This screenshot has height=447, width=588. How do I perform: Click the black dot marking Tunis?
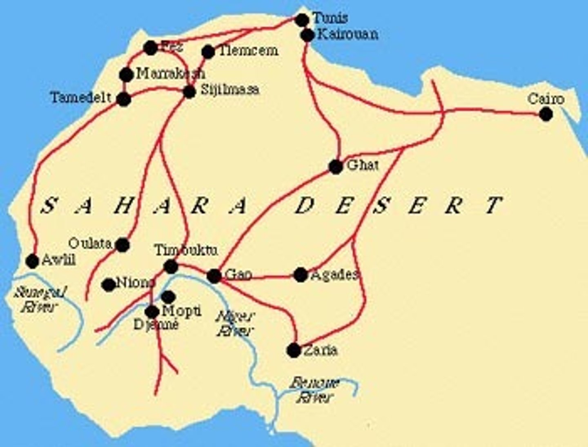[x=302, y=20]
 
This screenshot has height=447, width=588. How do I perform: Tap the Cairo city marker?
[x=546, y=114]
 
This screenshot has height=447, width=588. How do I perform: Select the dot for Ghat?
[x=336, y=167]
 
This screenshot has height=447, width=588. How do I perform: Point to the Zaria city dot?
[x=294, y=350]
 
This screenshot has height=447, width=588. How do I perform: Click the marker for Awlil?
[x=32, y=261]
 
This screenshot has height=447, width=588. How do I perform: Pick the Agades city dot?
[x=301, y=275]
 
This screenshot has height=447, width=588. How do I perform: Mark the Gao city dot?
[x=214, y=276]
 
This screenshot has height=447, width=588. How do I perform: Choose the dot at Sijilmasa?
[x=189, y=92]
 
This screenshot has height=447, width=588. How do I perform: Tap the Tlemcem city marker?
[x=208, y=51]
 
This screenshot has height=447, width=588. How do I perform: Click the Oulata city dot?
[x=122, y=245]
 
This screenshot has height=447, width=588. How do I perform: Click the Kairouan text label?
[x=347, y=34]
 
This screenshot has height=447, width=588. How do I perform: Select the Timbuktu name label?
[x=186, y=250]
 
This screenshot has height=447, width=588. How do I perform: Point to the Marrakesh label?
[x=170, y=74]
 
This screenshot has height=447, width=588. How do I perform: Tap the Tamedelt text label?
[x=81, y=98]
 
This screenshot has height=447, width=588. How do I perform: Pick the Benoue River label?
[x=314, y=390]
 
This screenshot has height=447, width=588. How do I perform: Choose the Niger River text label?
[x=235, y=323]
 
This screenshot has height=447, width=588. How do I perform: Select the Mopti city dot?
[x=168, y=297]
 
